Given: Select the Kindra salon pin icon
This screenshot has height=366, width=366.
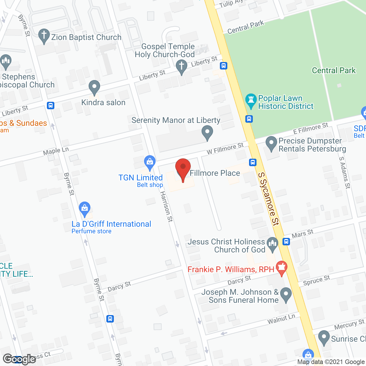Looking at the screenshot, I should [94, 87].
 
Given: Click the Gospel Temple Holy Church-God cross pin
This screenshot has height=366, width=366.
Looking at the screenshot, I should [181, 67].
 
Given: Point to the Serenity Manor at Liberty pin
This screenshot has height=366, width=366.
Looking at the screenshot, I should [207, 133].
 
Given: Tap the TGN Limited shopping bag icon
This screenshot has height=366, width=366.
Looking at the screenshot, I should [150, 163].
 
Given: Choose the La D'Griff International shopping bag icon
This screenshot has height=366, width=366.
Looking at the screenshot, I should [84, 209].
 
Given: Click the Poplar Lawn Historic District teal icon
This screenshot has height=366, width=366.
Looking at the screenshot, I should [251, 101].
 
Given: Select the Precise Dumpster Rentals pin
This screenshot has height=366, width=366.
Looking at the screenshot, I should [271, 143].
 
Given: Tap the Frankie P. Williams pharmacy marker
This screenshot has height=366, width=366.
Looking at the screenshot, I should [282, 268].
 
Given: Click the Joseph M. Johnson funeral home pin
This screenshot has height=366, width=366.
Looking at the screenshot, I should [286, 295].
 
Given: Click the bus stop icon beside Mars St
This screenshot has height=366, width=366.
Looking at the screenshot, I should [286, 242].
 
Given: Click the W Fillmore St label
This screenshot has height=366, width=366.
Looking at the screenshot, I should [225, 148].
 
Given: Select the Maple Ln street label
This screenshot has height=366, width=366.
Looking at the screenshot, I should [56, 151].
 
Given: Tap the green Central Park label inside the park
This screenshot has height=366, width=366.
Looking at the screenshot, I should [334, 70].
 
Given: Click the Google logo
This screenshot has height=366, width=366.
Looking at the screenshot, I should [19, 359].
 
